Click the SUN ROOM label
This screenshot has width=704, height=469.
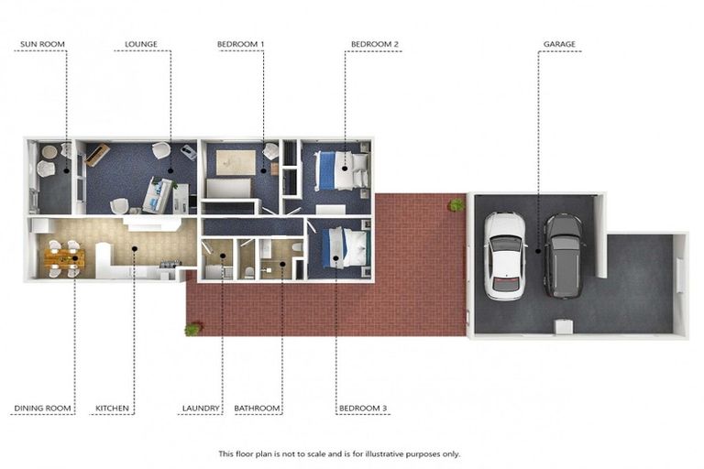43,44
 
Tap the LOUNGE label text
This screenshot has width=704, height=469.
141,44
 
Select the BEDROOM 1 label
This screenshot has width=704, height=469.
241,44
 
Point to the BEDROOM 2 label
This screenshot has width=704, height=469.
374,44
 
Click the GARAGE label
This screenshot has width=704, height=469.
559,44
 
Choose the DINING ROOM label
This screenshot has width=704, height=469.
43,409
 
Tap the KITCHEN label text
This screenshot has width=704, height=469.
112,409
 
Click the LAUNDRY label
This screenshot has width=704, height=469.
201,409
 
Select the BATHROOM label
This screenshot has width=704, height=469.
257,409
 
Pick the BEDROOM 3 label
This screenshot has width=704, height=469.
363,409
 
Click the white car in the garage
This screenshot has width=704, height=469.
504,256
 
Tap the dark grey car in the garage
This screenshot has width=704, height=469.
564,256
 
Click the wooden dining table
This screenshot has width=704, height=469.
64,258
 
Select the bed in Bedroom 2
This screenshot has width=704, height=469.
342,170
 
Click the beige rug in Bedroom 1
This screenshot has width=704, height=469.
236,162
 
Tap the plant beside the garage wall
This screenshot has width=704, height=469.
456,204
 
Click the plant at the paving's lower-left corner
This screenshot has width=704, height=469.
192,330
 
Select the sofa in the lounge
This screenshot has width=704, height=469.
158,195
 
